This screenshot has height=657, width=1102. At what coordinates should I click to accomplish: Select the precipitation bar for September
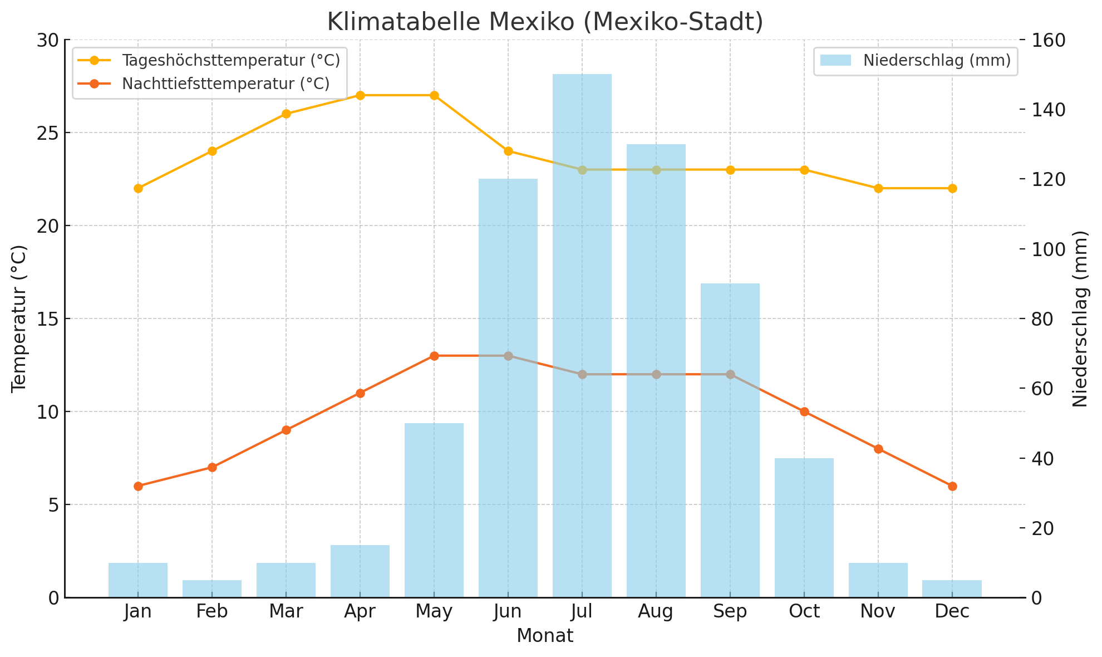click(x=730, y=440)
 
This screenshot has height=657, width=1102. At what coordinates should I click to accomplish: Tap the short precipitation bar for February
click(x=212, y=589)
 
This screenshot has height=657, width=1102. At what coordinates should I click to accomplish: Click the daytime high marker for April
click(x=360, y=95)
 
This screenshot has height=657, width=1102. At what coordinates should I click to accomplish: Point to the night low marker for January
click(x=138, y=486)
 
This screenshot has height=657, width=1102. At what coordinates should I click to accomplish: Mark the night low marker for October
click(x=804, y=411)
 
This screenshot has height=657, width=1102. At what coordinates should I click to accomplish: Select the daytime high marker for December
click(x=952, y=188)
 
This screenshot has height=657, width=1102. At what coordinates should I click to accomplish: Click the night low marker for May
click(x=434, y=356)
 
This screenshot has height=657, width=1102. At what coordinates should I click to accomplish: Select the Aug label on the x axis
click(x=656, y=612)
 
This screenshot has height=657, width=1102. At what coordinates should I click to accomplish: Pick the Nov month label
click(x=878, y=612)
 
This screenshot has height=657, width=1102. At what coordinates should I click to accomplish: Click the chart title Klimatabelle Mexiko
click(x=545, y=22)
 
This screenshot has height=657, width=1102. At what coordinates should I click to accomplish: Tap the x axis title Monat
click(x=545, y=636)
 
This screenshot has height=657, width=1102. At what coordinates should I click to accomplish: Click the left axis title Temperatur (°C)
click(x=19, y=318)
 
